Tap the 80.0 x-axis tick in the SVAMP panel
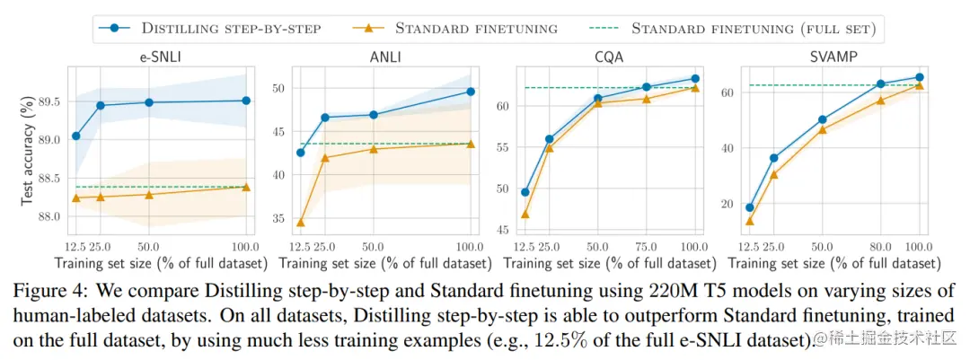pos(880,246)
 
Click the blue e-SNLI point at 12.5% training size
pos(76,136)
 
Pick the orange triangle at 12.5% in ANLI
pos(300,223)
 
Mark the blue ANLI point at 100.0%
pos(471,92)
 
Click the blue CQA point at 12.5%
pos(525,192)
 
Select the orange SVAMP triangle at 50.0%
pos(822,130)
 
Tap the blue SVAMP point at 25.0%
pos(773,158)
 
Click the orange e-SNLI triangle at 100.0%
pos(246,187)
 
